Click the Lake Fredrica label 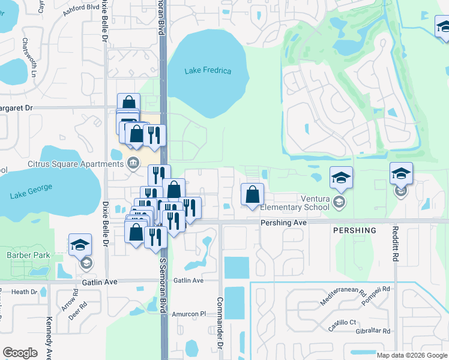208,71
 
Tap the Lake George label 31,191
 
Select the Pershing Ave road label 283,223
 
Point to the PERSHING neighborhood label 355,230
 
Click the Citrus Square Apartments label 75,164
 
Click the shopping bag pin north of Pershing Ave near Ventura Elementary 253,194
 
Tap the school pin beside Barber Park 80,244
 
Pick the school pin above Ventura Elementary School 341,177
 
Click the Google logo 20,352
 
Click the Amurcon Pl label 190,314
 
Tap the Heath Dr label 25,292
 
